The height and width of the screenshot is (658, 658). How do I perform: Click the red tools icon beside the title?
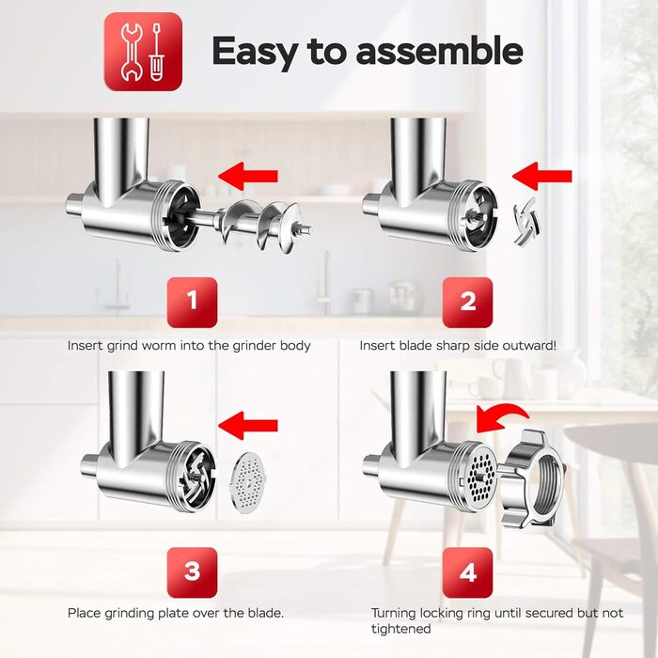[143, 52]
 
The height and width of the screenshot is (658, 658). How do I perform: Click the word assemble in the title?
[439, 51]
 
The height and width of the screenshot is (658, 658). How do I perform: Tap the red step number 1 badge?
[192, 302]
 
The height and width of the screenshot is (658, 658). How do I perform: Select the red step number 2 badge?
[467, 302]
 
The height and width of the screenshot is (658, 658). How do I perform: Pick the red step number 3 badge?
[192, 572]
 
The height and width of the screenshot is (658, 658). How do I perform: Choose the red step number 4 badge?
[467, 572]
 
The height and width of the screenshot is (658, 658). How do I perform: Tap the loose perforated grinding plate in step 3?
[247, 482]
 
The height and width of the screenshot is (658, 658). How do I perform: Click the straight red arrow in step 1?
[248, 177]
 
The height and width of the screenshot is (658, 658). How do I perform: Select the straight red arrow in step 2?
[541, 177]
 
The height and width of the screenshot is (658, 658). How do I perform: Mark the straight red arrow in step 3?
[248, 426]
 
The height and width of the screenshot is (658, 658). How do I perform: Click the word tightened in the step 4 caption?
[400, 629]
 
